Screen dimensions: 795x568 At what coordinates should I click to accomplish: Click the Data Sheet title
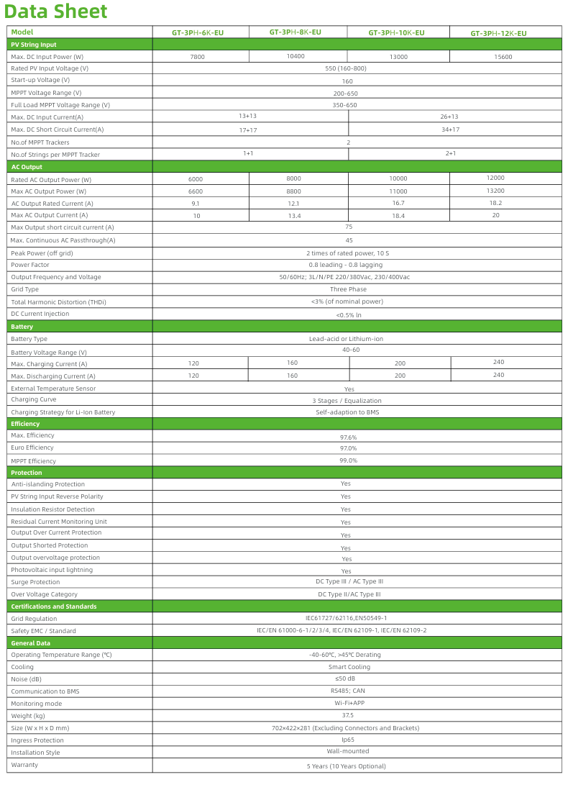tap(55, 12)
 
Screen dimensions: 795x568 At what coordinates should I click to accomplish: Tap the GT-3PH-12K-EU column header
tap(498, 34)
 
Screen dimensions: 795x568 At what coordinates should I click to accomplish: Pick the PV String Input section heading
tap(34, 45)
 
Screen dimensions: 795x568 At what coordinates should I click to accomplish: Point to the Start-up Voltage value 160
tap(347, 81)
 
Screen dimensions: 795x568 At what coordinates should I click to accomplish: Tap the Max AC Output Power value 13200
tap(495, 191)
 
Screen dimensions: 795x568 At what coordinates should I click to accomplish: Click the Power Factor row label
tap(30, 265)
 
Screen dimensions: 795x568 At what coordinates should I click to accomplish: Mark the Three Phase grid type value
tap(348, 289)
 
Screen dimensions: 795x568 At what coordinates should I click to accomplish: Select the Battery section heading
tap(22, 327)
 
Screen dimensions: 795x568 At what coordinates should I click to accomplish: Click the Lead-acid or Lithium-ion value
tap(346, 339)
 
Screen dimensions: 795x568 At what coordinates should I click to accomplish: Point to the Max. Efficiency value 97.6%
tap(348, 437)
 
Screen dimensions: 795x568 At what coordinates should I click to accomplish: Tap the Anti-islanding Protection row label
tap(48, 484)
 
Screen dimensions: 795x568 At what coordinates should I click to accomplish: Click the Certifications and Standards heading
tap(54, 607)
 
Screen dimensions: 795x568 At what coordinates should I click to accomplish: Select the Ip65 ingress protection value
tap(348, 740)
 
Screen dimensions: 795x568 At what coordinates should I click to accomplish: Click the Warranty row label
tap(24, 765)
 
